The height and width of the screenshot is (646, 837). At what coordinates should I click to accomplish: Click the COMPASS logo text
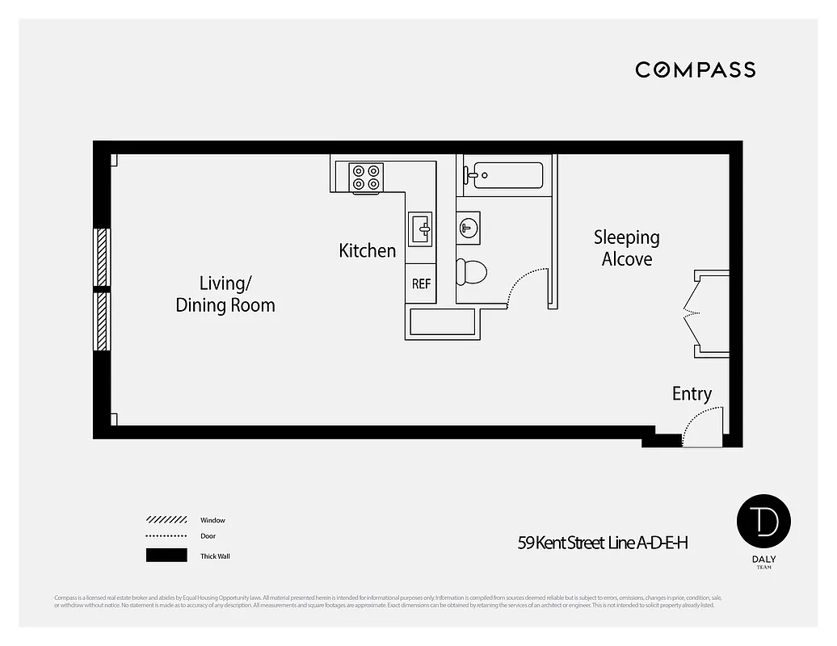pos(695,69)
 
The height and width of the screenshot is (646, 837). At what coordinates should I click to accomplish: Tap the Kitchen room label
pos(368,251)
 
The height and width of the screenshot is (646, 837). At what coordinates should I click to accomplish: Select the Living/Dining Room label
pos(225,294)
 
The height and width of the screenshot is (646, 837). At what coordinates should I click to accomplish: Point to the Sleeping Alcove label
pos(627,248)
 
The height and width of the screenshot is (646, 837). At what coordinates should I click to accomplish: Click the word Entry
pos(692,394)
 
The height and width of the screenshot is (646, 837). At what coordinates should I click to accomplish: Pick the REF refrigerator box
pos(421,283)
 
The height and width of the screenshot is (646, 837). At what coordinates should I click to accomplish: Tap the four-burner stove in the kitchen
pos(366,178)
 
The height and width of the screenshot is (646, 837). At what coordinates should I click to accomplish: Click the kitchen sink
pos(421,229)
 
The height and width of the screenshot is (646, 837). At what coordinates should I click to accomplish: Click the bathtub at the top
pos(507,174)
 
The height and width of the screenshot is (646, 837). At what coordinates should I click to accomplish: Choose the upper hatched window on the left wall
pos(102,256)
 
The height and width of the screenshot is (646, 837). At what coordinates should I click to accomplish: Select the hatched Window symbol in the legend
pos(166,520)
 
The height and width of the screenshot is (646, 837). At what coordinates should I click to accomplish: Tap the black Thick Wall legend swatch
pos(166,556)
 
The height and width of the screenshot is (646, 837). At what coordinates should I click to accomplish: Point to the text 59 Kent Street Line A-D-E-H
pos(603,543)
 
